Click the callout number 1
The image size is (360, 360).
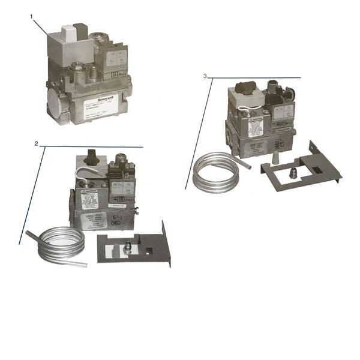[31, 16]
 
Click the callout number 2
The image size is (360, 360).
[36, 144]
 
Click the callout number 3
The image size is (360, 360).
[206, 76]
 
